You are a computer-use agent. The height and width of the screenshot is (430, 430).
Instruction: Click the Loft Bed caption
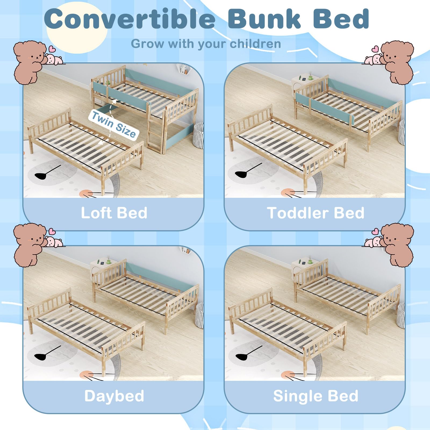pos(114,213)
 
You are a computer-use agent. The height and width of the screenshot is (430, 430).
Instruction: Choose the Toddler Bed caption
pos(316,213)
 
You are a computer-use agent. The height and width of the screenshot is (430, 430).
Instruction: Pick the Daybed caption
pos(114,396)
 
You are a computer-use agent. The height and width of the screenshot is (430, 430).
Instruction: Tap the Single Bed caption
pos(316,396)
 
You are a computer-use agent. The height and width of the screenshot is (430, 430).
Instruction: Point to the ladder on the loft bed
pos(155,134)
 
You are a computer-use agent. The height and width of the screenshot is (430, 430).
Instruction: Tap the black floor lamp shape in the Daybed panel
pos(43,355)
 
